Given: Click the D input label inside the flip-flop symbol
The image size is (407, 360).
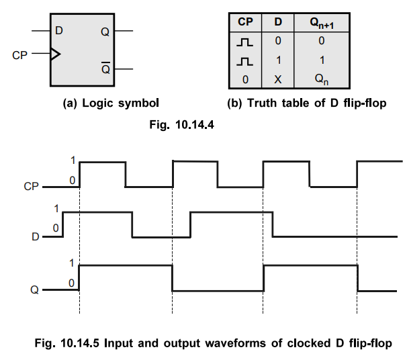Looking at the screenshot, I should click(60, 31).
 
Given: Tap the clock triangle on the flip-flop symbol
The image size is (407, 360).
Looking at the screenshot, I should click(54, 53).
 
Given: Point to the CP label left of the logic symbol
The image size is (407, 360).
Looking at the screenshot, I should click(20, 54).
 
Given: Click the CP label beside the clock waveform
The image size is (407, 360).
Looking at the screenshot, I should click(30, 186).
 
